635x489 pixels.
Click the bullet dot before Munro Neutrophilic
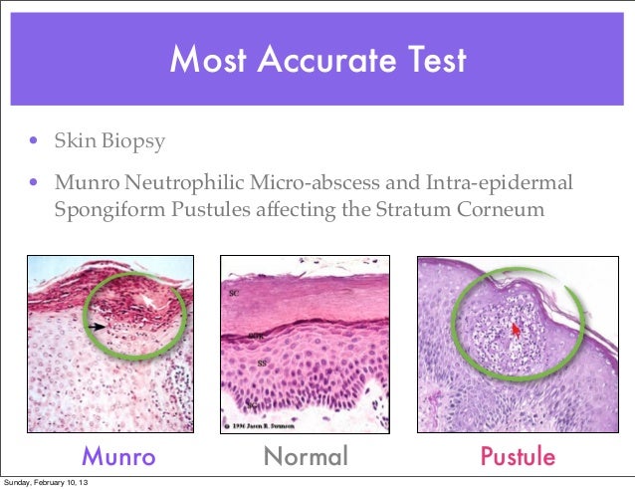33,184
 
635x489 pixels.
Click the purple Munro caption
118,456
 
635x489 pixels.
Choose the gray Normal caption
306,456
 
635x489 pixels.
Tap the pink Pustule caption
518,456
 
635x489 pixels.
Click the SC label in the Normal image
235,296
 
